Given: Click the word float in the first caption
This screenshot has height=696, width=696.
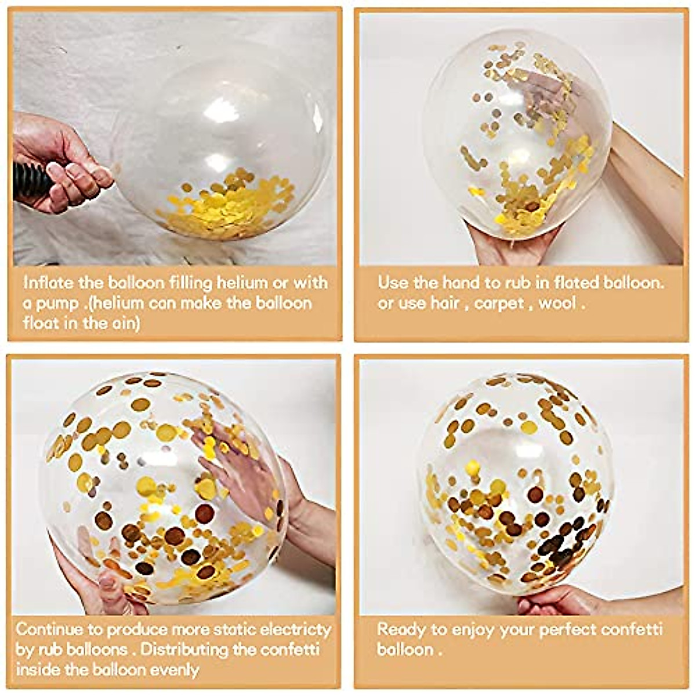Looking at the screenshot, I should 41,323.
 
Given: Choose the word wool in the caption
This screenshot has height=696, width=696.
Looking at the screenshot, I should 557,303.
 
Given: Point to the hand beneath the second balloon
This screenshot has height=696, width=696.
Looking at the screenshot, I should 510,244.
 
